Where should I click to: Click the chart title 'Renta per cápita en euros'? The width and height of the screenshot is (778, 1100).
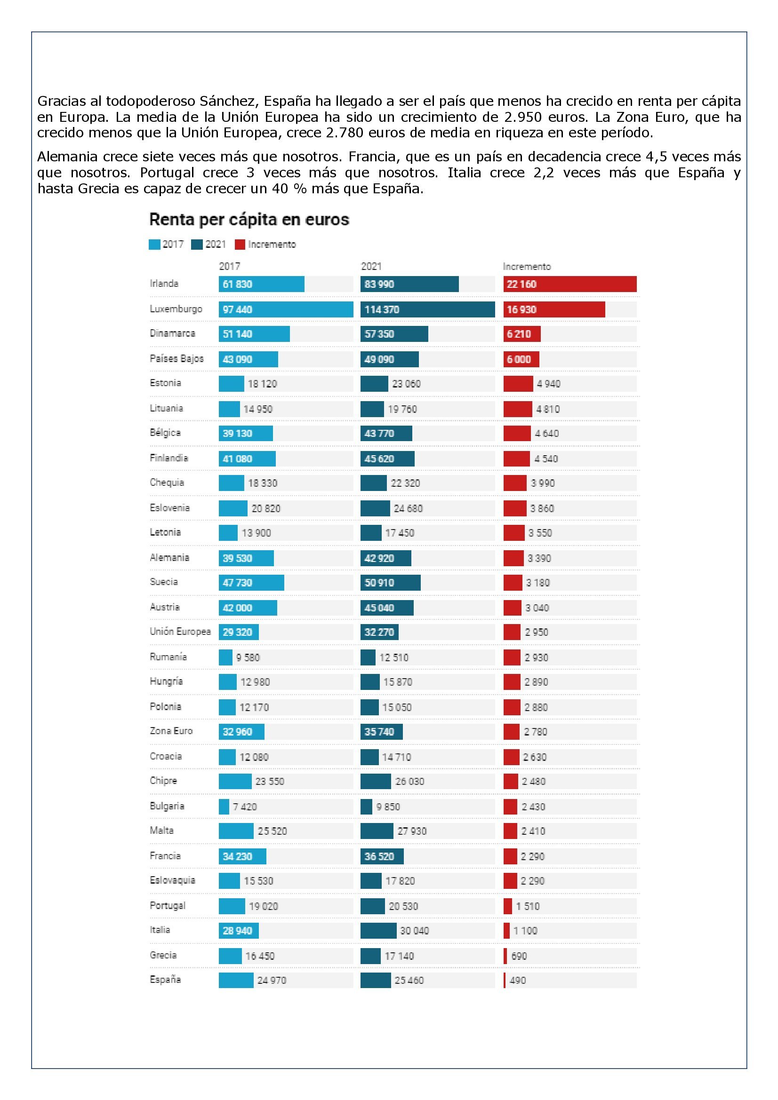click(249, 220)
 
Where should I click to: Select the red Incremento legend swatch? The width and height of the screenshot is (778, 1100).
click(240, 245)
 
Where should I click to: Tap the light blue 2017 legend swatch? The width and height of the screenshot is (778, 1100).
click(154, 245)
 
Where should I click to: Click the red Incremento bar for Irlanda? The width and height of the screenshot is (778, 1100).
click(570, 284)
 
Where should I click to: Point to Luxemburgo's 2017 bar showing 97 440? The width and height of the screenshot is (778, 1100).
click(286, 309)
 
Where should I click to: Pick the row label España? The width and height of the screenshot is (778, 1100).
click(165, 979)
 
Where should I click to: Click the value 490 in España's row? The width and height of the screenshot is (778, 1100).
click(518, 980)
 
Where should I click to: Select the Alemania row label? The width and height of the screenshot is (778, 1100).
click(169, 557)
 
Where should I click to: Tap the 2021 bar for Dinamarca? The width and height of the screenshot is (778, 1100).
click(394, 334)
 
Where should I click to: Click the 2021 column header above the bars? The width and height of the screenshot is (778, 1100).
click(371, 266)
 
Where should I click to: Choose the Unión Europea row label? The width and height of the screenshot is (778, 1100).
click(180, 632)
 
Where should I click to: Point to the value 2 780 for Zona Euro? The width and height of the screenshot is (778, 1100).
click(536, 732)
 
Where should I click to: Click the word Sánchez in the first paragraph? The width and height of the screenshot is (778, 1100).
click(229, 101)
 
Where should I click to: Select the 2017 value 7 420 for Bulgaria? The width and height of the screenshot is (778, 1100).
click(245, 807)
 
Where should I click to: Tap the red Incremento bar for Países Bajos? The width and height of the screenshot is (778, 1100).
click(521, 359)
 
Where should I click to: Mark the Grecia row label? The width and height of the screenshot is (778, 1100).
click(163, 955)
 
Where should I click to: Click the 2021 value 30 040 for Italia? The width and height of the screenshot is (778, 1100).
click(415, 930)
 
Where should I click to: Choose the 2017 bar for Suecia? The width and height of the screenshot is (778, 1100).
click(252, 583)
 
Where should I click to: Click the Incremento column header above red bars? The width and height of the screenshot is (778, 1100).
click(527, 266)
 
